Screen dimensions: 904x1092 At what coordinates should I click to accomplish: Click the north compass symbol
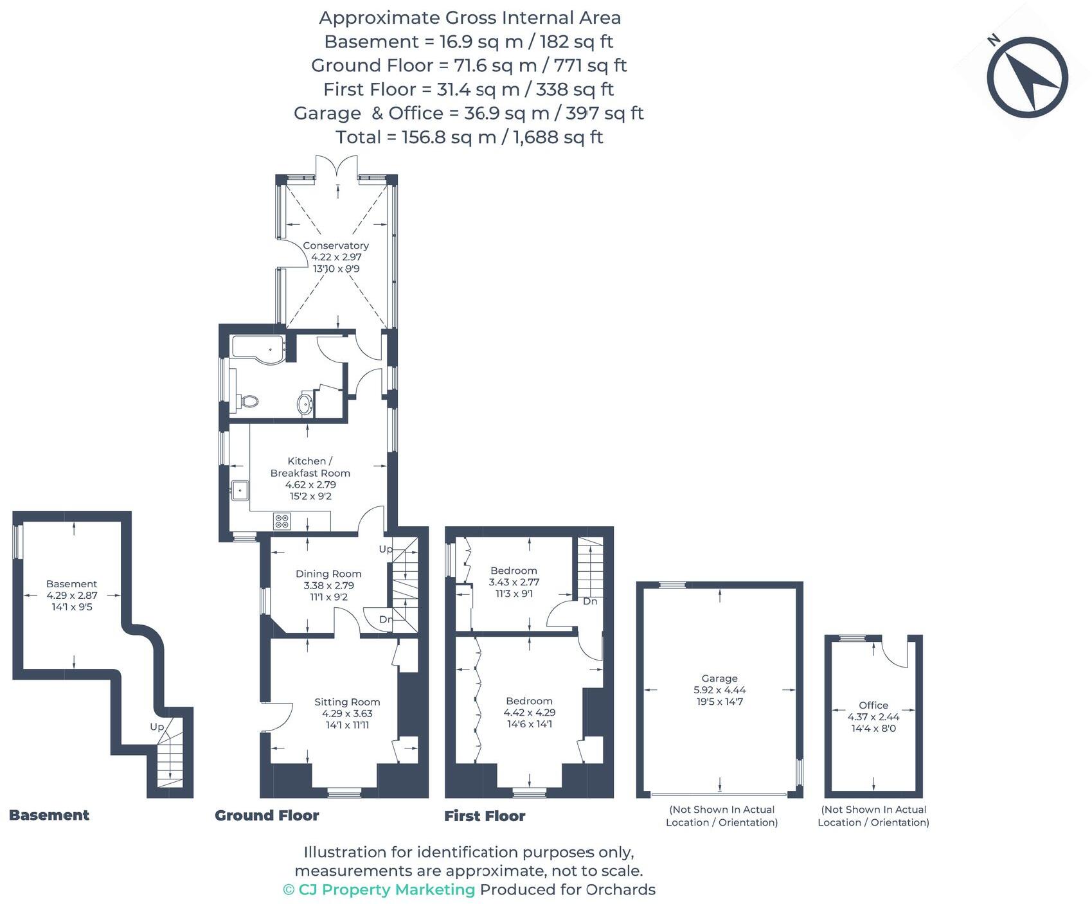(1026, 77)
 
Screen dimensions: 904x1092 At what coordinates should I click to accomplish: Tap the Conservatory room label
(336, 245)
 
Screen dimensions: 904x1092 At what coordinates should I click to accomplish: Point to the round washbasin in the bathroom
(305, 404)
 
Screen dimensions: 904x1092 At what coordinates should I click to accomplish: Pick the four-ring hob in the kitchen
(282, 520)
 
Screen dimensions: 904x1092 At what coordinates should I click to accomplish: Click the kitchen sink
(240, 491)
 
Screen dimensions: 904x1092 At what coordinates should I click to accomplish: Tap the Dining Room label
(328, 574)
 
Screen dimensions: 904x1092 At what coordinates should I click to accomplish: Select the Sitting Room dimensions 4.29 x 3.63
(347, 713)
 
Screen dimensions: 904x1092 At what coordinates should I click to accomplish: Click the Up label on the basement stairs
(157, 727)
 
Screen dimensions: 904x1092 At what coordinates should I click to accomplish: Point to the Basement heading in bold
(49, 815)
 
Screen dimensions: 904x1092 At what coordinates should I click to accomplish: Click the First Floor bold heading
(485, 816)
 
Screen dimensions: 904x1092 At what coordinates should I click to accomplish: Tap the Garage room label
(719, 678)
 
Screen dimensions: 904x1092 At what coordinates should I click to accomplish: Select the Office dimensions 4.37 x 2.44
(873, 717)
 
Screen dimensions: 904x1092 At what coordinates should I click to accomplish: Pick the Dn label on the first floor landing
(589, 601)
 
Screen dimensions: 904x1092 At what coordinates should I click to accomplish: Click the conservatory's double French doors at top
(337, 168)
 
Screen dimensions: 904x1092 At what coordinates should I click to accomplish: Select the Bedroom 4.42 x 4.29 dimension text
(529, 713)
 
